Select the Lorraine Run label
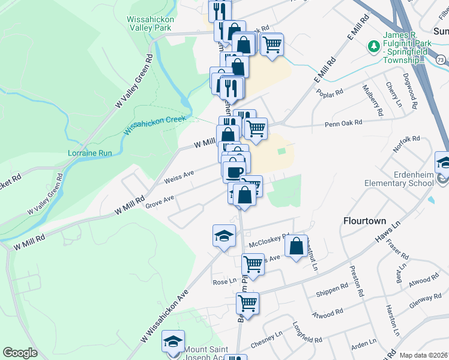(90, 153)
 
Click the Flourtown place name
(364, 220)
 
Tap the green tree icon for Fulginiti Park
(373, 46)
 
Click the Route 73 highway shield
(441, 59)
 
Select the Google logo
(20, 353)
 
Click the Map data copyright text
(424, 355)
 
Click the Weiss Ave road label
(179, 176)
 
